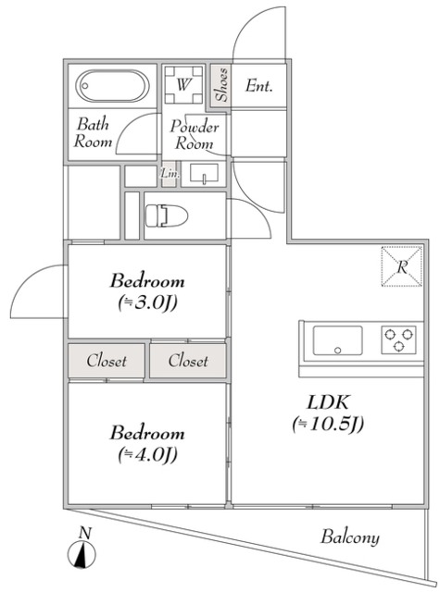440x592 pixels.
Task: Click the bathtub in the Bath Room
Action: click(112, 86)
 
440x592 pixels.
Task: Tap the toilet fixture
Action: click(167, 216)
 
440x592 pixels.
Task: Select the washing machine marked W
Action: click(183, 84)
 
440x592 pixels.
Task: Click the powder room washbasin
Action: click(204, 174)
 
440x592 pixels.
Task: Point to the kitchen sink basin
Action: click(337, 340)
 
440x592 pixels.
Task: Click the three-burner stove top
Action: click(398, 339)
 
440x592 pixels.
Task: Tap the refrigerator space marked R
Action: click(401, 266)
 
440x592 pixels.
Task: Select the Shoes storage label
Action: click(221, 85)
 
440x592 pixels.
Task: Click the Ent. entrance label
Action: click(258, 86)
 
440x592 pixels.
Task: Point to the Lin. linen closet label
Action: click(170, 174)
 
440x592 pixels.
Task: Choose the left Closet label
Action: click(107, 361)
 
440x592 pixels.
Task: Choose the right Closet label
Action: click(188, 361)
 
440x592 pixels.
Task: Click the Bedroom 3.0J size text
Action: click(147, 302)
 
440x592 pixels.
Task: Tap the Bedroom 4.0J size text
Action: click(147, 454)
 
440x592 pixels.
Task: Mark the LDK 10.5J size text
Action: click(328, 424)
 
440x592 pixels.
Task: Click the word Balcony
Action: click(349, 536)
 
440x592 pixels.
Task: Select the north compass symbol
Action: click(82, 555)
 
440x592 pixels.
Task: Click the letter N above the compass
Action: click(85, 533)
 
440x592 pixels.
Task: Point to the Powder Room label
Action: click(194, 135)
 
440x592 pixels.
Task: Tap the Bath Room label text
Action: click(93, 132)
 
